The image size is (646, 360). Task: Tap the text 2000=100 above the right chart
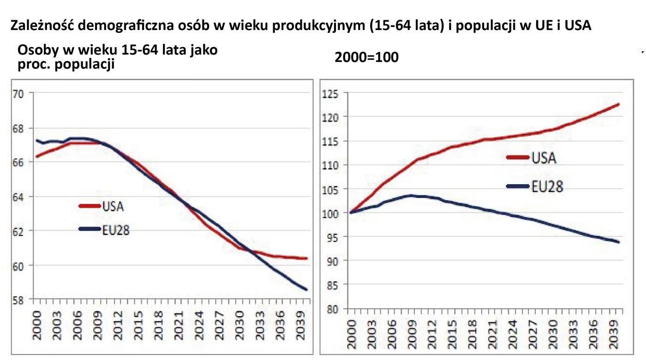click(366, 58)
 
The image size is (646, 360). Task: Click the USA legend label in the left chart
click(113, 206)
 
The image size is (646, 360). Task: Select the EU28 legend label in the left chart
click(115, 230)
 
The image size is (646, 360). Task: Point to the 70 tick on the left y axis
click(19, 94)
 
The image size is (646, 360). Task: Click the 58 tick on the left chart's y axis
click(19, 300)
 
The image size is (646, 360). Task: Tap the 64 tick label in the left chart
click(19, 197)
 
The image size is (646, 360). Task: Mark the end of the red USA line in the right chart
click(618, 104)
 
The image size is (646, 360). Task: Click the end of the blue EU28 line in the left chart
click(307, 290)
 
